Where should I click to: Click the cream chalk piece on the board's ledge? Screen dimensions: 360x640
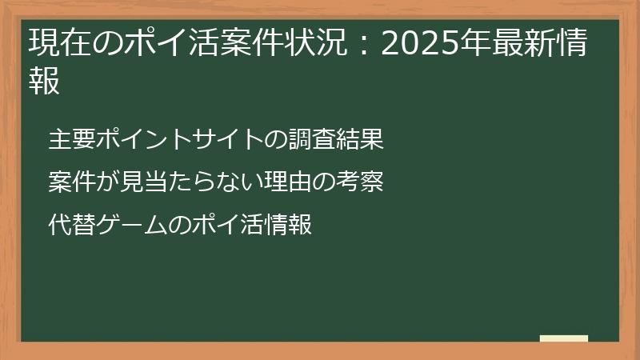[x=564, y=339]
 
